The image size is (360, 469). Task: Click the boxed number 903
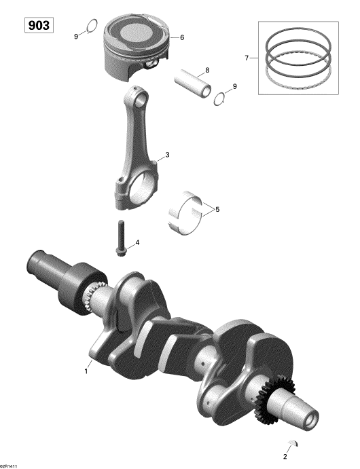tap(39, 25)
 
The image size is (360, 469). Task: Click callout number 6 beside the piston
tap(182, 37)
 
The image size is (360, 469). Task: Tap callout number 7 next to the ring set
tap(247, 58)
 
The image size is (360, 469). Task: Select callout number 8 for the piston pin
tap(207, 70)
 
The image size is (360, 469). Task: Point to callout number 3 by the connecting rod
tap(167, 155)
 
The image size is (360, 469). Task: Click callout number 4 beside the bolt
tap(137, 242)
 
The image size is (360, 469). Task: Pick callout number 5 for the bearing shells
tap(217, 209)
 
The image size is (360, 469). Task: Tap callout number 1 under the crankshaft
tap(86, 371)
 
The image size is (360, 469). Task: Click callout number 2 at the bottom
tap(285, 456)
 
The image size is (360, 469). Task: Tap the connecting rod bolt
tap(120, 238)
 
